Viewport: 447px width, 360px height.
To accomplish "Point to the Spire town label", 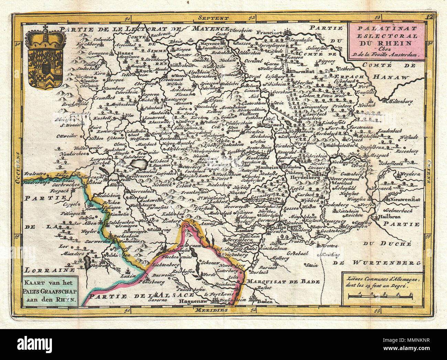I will (273, 199).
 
